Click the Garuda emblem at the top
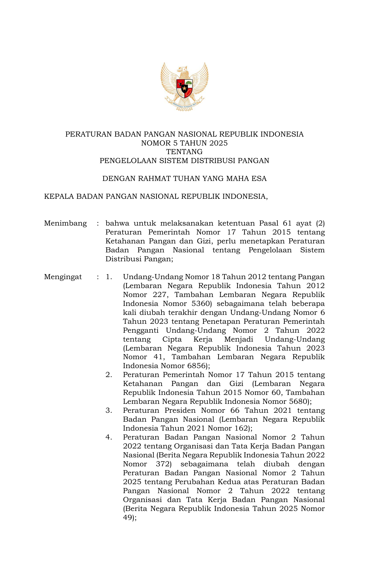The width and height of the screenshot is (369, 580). pyautogui.click(x=184, y=86)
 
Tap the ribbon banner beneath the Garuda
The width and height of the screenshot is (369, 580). pyautogui.click(x=184, y=105)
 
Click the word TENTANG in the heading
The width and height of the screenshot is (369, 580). pyautogui.click(x=184, y=152)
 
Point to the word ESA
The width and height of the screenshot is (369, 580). pyautogui.click(x=259, y=179)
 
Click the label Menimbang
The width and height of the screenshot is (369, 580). pyautogui.click(x=65, y=223)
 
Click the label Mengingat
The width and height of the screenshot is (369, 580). pyautogui.click(x=63, y=277)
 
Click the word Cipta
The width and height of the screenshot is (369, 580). pyautogui.click(x=172, y=339)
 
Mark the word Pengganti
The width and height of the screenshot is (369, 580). pyautogui.click(x=141, y=330)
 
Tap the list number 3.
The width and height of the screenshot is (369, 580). pyautogui.click(x=109, y=410)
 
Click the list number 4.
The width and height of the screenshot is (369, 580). pyautogui.click(x=109, y=437)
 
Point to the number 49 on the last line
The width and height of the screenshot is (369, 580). pyautogui.click(x=128, y=518)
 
